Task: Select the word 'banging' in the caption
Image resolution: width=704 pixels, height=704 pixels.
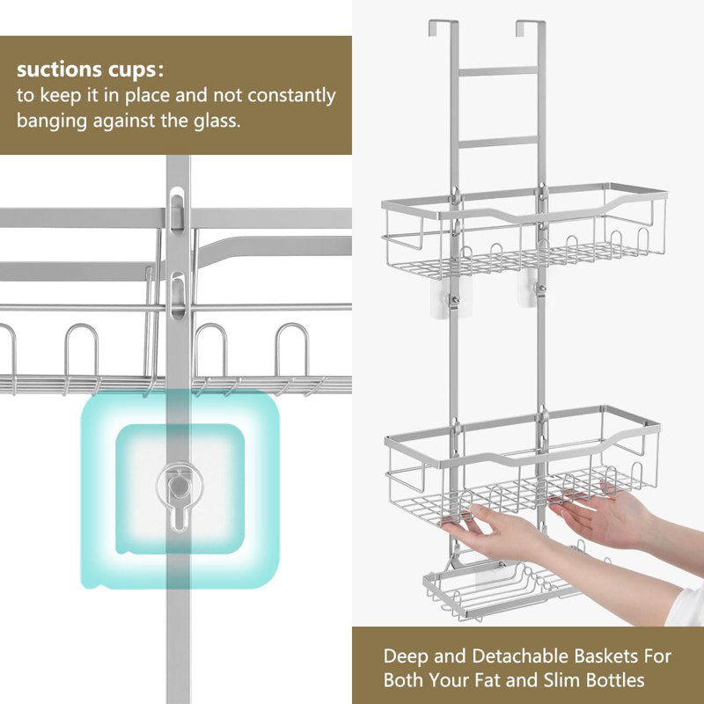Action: (x=52, y=121)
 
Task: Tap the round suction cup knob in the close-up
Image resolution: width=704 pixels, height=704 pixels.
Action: (x=179, y=485)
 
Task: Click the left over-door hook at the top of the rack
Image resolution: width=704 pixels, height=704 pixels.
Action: (x=443, y=28)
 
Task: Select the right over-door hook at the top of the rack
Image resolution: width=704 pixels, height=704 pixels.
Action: (x=532, y=28)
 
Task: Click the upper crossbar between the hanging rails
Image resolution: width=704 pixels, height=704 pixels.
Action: (x=498, y=71)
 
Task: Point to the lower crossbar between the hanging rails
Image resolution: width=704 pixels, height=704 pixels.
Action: (x=498, y=143)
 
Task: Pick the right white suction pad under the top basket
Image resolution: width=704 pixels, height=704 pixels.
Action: (x=532, y=290)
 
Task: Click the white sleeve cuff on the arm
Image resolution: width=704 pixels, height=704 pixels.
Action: (x=686, y=607)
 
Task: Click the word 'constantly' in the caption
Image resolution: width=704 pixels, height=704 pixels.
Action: (x=292, y=96)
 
